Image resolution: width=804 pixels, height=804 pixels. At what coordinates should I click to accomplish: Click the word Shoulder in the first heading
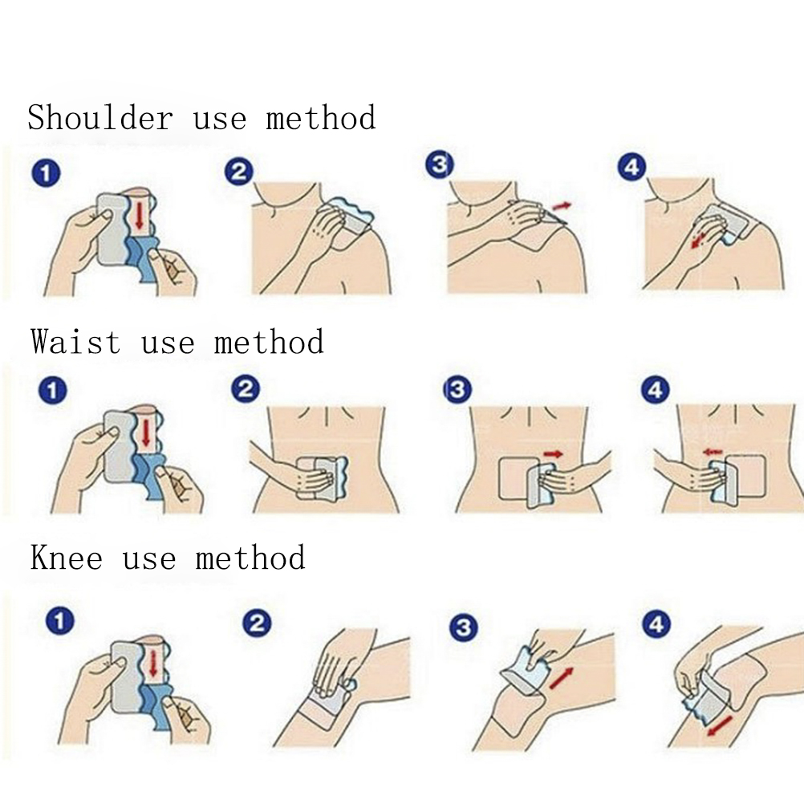(100, 117)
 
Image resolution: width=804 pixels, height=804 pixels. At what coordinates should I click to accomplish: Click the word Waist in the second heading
(75, 342)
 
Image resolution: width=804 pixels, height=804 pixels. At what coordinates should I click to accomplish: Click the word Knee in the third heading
(66, 558)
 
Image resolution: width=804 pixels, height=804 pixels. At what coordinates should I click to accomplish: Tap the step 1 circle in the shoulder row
(46, 173)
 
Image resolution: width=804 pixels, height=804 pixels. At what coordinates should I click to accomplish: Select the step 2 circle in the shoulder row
(239, 172)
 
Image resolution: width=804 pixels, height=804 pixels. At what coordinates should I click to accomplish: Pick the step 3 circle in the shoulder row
(440, 165)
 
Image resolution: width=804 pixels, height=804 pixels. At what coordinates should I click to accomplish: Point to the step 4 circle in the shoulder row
(631, 167)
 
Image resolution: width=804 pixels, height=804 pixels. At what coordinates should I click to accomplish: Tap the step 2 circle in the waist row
(246, 389)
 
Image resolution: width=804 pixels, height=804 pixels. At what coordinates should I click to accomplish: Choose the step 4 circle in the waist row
(655, 391)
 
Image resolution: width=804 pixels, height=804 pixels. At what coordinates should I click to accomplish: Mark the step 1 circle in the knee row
(60, 621)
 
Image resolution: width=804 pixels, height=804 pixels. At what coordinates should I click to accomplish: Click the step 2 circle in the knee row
(257, 623)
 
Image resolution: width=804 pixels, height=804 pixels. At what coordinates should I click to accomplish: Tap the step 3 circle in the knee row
(463, 627)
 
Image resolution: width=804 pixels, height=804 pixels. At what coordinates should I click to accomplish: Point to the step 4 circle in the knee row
(657, 624)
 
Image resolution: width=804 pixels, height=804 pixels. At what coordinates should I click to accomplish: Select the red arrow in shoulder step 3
(562, 206)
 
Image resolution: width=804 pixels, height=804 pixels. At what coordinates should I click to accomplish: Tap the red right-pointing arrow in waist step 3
(554, 454)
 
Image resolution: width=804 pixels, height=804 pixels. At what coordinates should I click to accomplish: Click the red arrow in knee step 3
(562, 678)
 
